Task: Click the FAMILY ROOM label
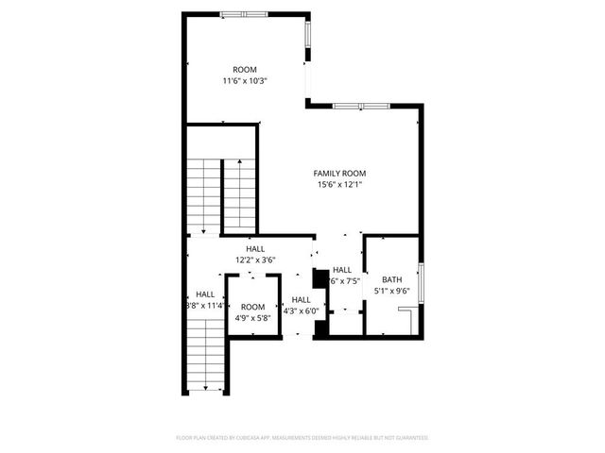point(340,173)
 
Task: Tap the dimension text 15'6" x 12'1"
point(340,185)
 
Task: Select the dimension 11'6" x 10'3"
point(246,81)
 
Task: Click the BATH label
point(391,279)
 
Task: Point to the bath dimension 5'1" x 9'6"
point(391,292)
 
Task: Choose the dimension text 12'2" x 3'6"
point(255,260)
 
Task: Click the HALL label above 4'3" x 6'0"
point(302,299)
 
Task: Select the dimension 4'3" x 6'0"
point(302,310)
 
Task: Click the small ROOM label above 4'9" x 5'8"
point(252,307)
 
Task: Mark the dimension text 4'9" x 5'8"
point(252,318)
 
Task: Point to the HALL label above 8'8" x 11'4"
point(205,294)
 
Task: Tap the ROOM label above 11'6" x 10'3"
point(246,69)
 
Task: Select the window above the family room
point(360,105)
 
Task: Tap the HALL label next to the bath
point(342,269)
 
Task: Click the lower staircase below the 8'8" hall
point(204,357)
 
